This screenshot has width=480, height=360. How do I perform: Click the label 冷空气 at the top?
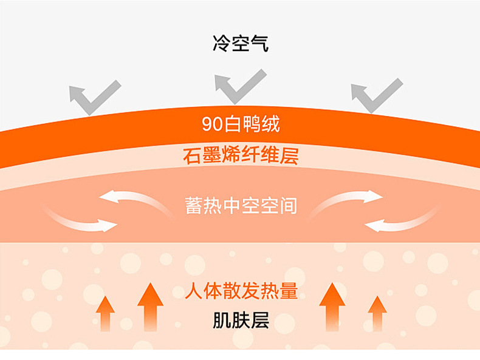tap(240, 44)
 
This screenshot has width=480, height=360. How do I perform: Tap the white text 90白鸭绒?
tap(241, 125)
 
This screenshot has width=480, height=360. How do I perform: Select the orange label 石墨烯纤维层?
tap(240, 156)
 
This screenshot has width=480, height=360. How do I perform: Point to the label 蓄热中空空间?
tap(241, 205)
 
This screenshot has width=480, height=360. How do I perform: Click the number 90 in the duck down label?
tap(210, 125)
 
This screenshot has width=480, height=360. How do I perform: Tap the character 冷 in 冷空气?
tap(221, 44)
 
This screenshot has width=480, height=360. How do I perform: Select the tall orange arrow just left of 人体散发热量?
tap(150, 307)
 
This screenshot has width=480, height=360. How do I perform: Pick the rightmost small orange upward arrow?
tap(377, 312)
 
